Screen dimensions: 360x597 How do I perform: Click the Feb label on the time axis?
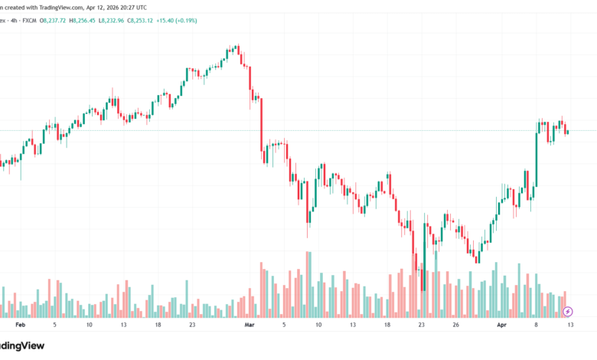click(21, 325)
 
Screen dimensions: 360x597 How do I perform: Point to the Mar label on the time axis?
click(248, 325)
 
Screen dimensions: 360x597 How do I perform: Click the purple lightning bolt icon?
click(568, 312)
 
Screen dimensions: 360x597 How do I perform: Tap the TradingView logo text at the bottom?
click(23, 345)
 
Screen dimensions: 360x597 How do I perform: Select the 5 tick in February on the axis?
click(54, 325)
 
